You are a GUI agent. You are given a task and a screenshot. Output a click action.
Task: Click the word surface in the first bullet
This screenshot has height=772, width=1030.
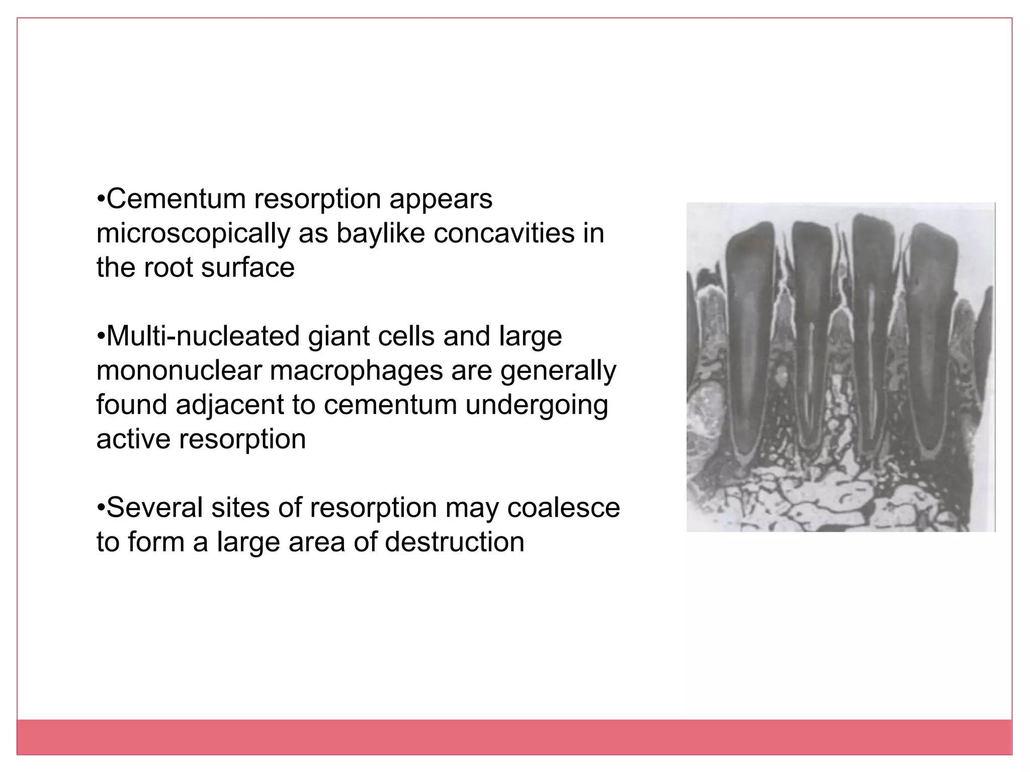point(247,267)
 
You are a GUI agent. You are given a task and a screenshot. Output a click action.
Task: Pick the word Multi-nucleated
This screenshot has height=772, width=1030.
point(203,336)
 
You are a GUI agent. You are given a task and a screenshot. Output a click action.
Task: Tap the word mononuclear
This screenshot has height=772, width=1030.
point(179,370)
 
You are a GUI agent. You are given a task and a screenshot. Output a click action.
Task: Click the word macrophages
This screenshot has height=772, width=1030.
point(355,371)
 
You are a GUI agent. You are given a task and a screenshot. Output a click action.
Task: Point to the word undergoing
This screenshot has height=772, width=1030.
point(537,406)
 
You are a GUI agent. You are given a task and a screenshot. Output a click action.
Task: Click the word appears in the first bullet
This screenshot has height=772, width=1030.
point(441,200)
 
